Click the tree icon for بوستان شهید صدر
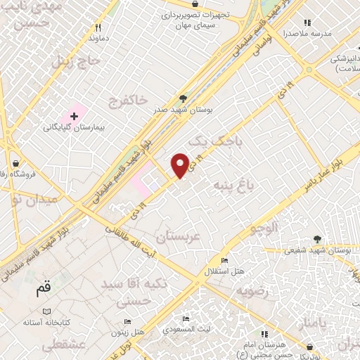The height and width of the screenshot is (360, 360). click(184, 98)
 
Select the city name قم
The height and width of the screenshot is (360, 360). click(44, 288)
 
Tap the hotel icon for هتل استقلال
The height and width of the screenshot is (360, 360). click(224, 261)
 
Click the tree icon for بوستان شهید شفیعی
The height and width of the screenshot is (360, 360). click(316, 239)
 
